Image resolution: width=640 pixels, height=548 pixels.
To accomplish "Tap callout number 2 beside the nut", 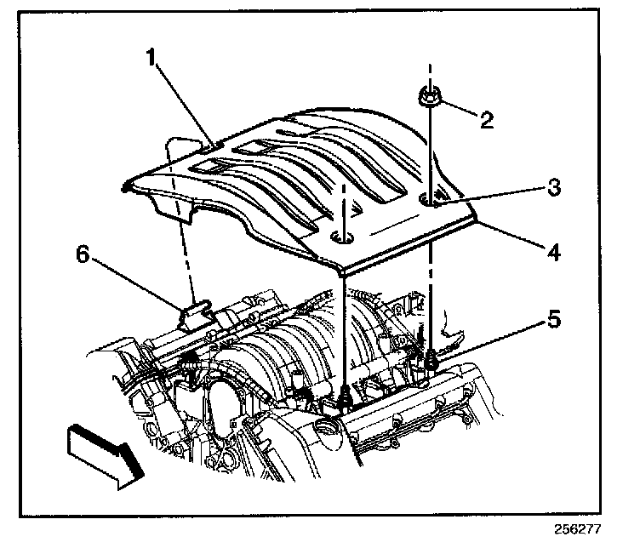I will (x=486, y=119).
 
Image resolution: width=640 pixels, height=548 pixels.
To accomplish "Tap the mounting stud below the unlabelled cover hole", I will (x=344, y=397).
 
